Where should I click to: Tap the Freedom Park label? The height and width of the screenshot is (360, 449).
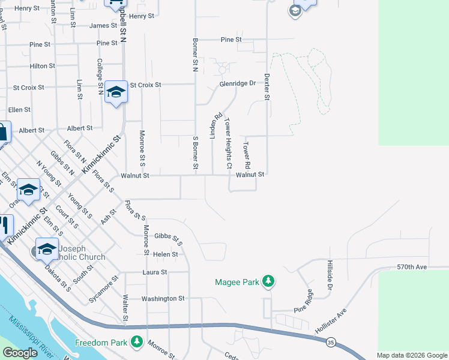click(101, 343)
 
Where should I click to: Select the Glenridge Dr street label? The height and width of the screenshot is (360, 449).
click(237, 83)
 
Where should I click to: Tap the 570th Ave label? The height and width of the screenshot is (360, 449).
click(411, 266)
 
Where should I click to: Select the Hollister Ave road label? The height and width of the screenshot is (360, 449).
click(331, 322)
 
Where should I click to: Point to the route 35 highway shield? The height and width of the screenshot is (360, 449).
click(331, 342)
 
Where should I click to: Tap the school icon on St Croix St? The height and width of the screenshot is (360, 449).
click(116, 92)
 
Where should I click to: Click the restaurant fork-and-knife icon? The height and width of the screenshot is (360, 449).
click(4, 225)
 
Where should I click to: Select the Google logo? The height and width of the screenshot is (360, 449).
click(20, 353)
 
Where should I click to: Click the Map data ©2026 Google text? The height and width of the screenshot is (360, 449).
click(412, 355)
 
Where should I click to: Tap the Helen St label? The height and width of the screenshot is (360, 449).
click(166, 254)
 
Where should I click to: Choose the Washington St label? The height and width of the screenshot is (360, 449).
click(163, 298)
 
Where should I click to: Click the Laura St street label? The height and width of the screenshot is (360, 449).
click(154, 272)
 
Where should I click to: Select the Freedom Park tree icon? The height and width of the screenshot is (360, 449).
click(137, 342)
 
